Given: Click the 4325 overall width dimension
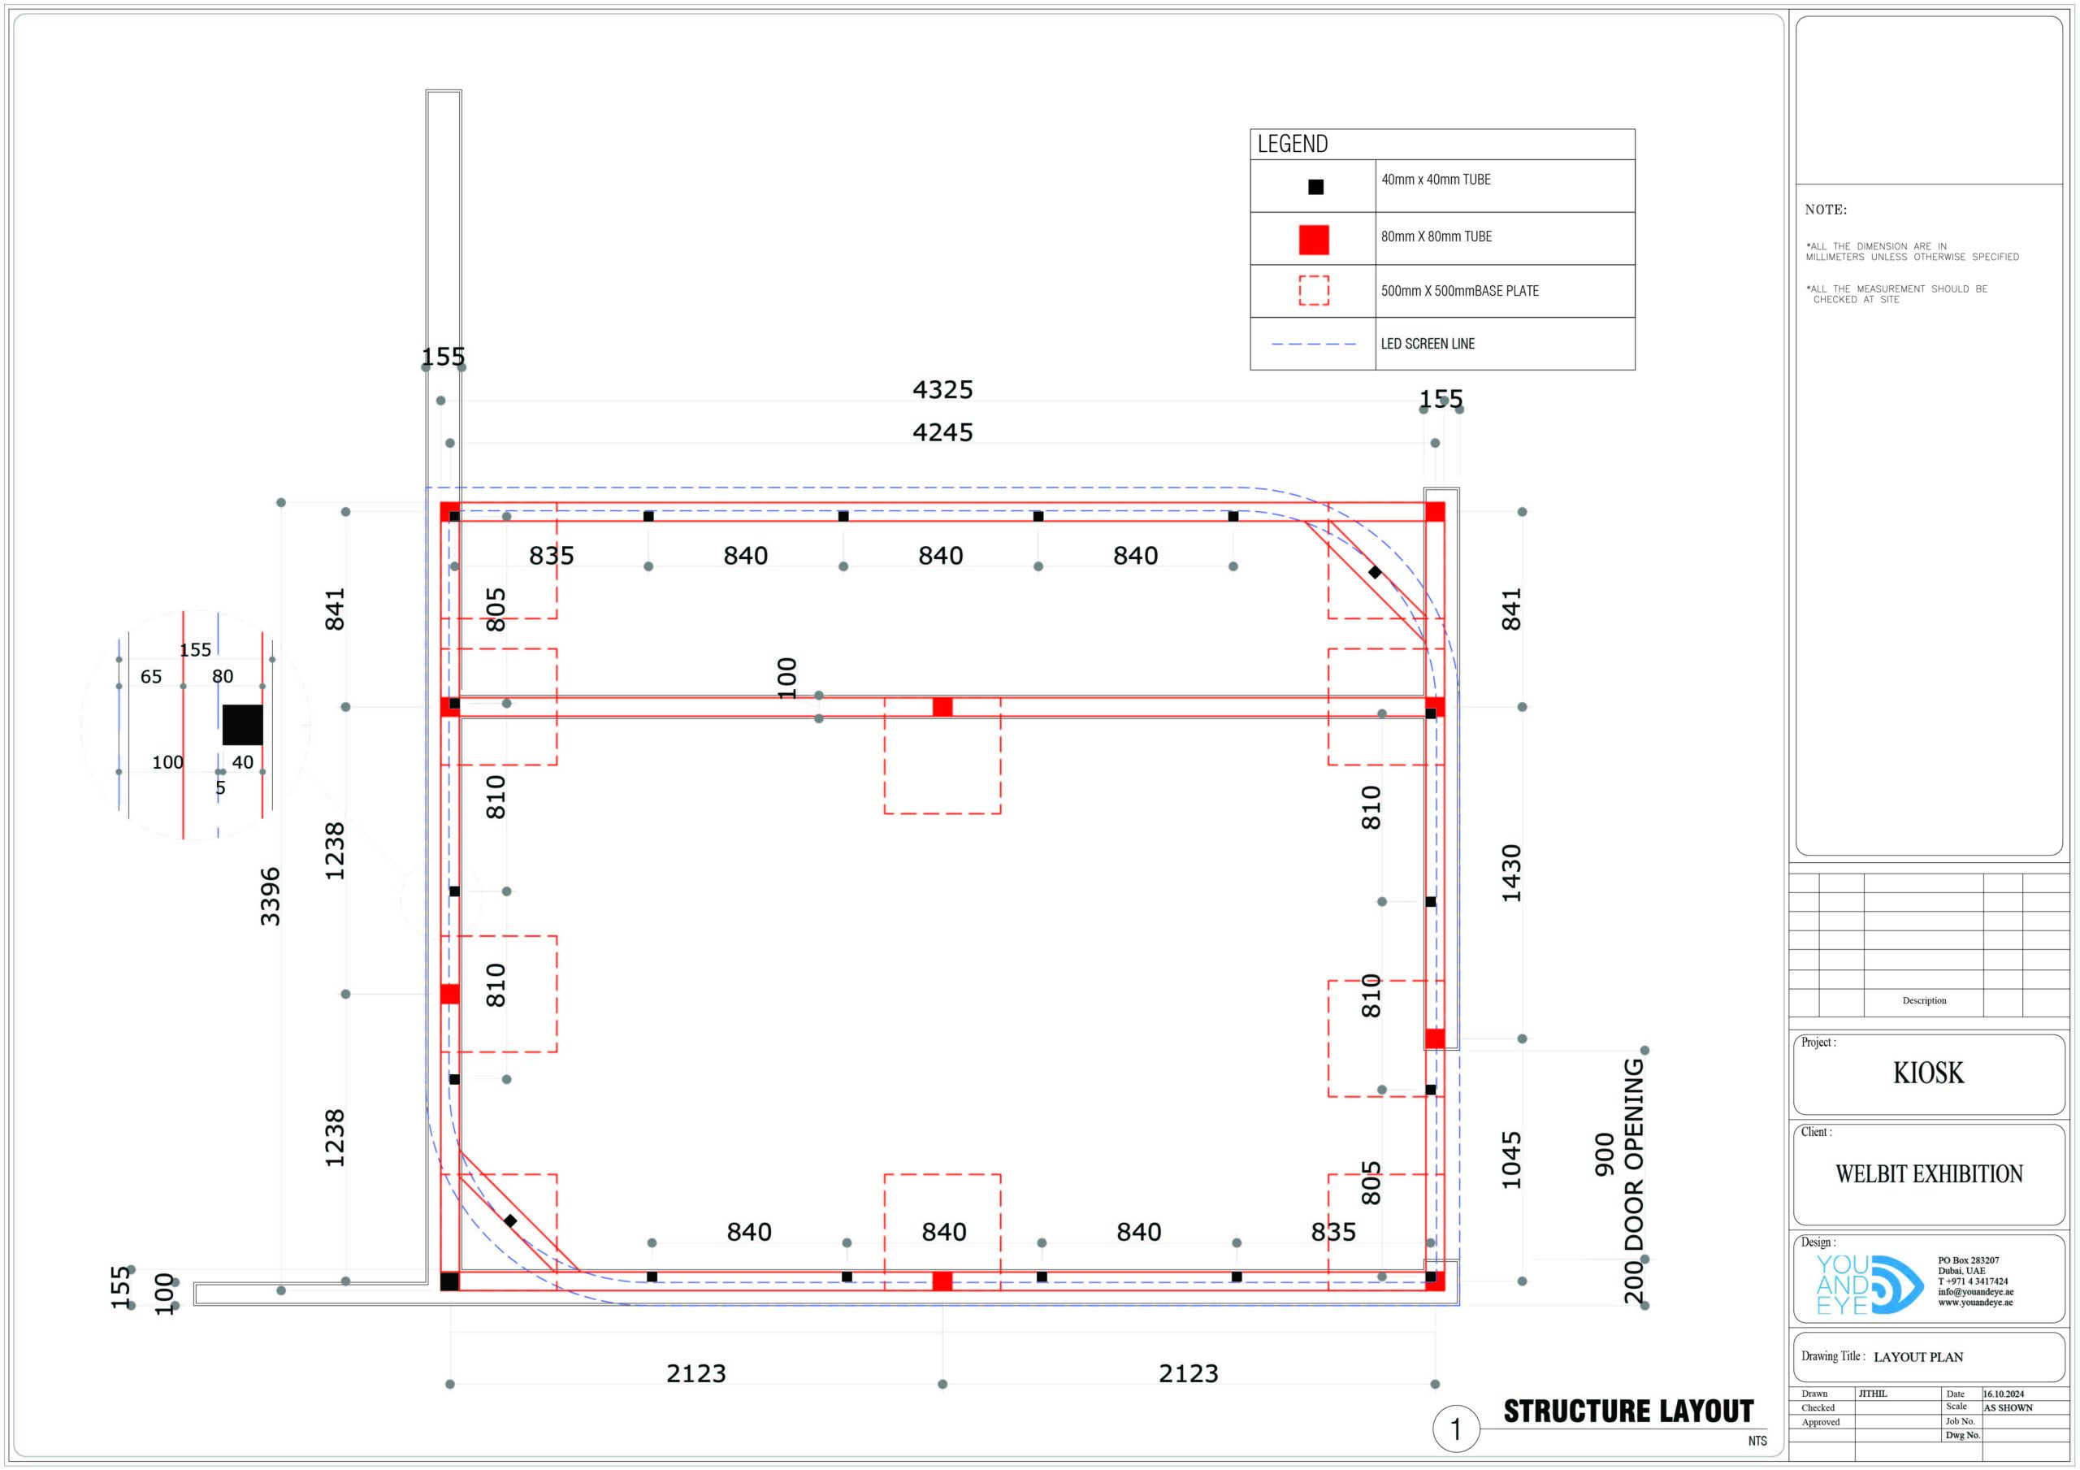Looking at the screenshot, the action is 942,390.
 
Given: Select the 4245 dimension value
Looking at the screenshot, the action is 942,432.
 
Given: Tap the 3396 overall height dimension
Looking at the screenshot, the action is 270,896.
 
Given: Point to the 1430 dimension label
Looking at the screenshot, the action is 1511,873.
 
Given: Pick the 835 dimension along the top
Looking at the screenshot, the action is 551,556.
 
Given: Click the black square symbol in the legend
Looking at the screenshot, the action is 1315,187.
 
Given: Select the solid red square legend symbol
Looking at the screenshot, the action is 1314,239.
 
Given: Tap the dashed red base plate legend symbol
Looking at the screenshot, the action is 1314,291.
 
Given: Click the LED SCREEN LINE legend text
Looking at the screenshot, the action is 1428,344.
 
